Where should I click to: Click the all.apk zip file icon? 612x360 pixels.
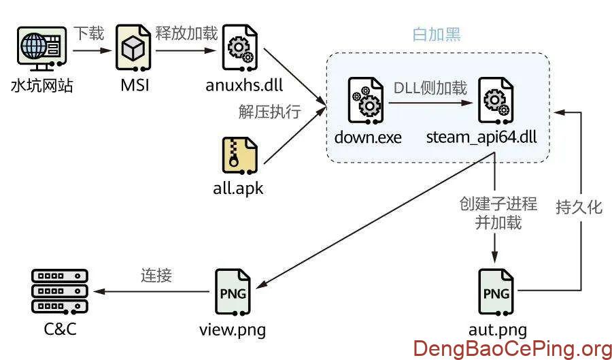click(x=239, y=156)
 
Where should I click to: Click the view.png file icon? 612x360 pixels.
click(x=232, y=293)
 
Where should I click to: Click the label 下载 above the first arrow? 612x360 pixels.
click(x=89, y=33)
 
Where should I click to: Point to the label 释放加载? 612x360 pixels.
click(x=186, y=33)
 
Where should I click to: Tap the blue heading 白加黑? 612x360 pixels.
click(x=437, y=34)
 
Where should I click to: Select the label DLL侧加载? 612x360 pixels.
click(x=430, y=88)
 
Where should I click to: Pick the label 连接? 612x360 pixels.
click(x=156, y=275)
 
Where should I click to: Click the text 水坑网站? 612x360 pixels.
click(x=41, y=86)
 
